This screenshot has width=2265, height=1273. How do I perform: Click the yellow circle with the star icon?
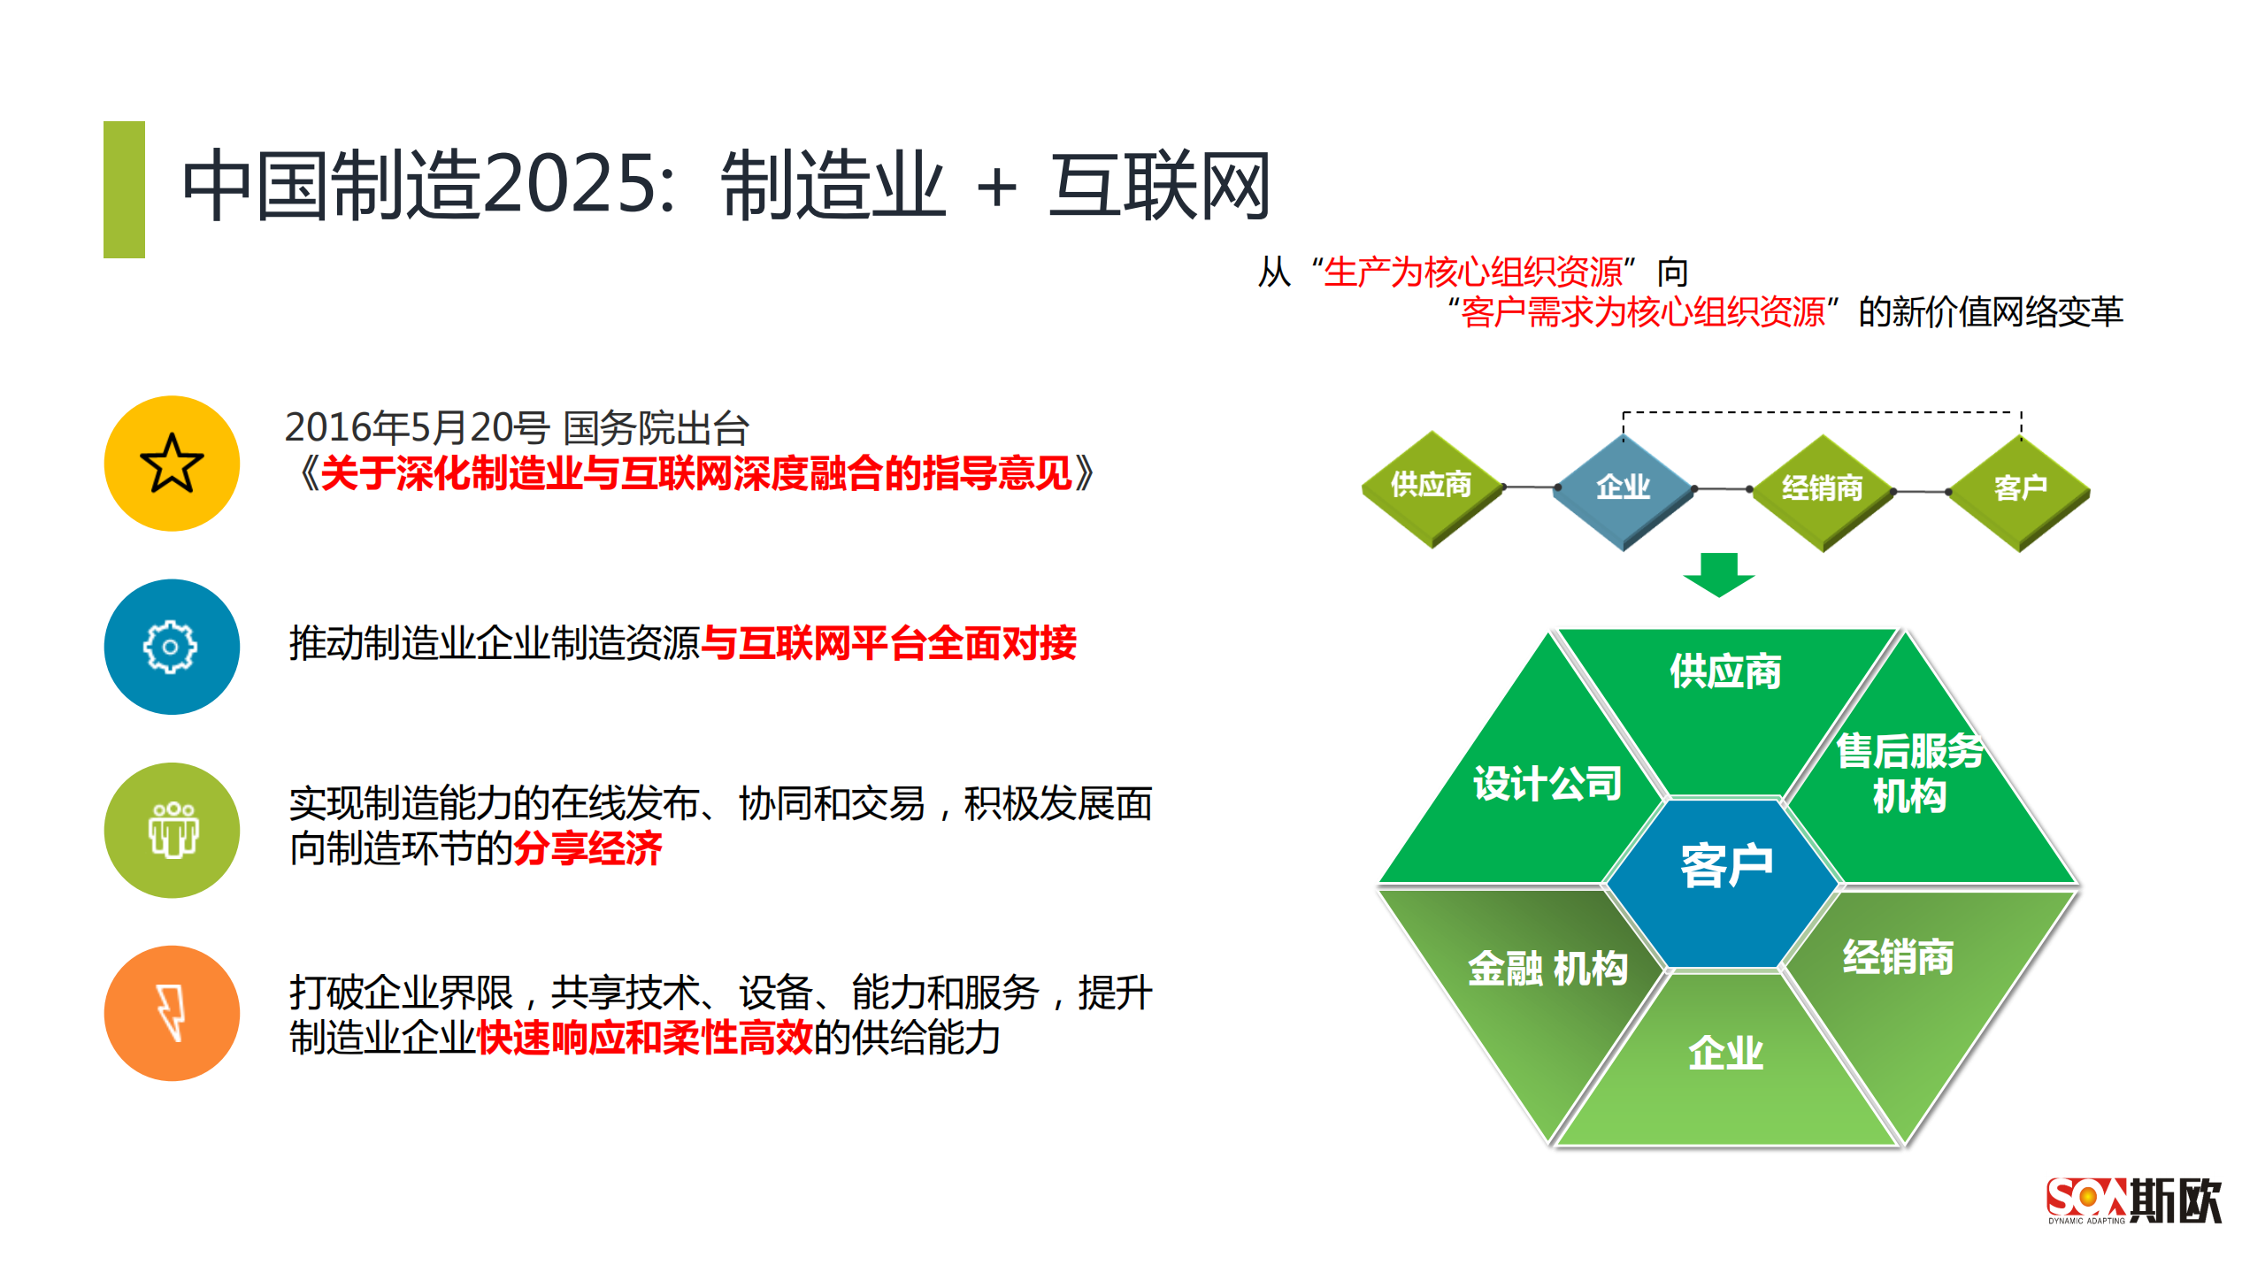pos(172,463)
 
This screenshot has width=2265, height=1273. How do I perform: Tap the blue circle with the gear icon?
pos(172,647)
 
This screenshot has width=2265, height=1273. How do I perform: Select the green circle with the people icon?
pos(172,830)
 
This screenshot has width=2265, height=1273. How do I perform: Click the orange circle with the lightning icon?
pos(172,1013)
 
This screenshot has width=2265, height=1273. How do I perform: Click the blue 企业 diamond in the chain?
pos(1623,487)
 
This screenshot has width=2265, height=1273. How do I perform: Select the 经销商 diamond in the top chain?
pos(1822,489)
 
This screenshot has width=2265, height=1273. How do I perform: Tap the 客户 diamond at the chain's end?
pos(2020,489)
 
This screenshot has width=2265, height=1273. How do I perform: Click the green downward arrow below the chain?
pos(1718,575)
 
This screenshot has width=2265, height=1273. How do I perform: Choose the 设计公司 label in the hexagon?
pos(1547,784)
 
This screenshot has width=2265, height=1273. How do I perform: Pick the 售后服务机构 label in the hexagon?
pos(1908,772)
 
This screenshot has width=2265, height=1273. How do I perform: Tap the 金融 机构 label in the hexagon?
pos(1547,968)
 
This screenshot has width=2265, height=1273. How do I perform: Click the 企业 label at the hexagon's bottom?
pos(1725,1053)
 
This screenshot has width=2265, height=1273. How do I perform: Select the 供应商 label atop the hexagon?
pos(1724,671)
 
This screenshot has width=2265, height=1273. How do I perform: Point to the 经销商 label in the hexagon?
pos(1898,957)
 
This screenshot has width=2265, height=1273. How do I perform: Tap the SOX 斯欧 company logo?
pos(2133,1200)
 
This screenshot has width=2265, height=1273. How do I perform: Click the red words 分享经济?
pos(587,849)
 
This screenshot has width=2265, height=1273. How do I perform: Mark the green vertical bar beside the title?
pos(124,189)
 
